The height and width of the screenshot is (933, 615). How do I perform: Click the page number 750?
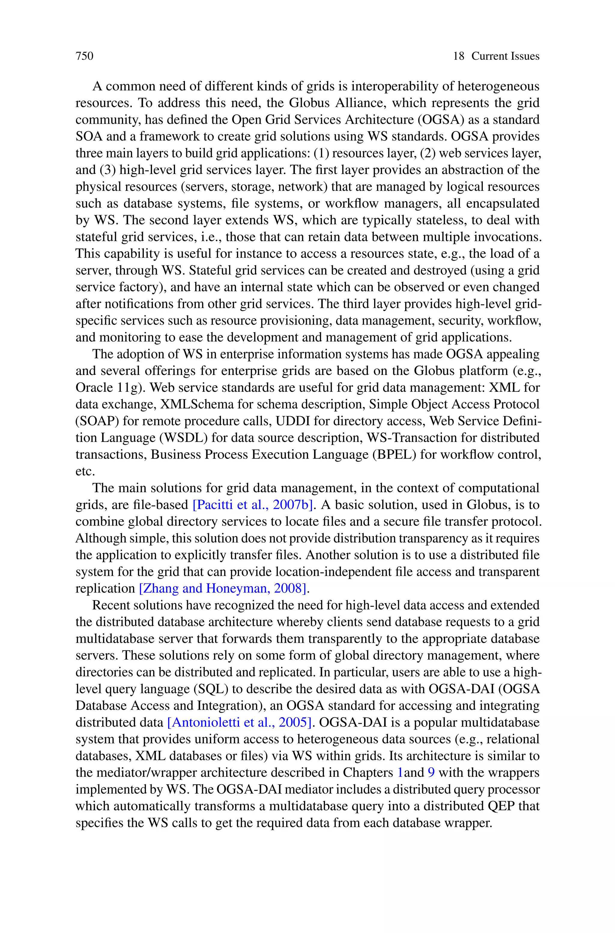tap(84, 56)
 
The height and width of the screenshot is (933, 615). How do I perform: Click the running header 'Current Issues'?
tap(505, 56)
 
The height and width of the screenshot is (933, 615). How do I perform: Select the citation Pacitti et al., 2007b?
tap(253, 505)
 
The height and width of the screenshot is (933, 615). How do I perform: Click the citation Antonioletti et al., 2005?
tap(240, 722)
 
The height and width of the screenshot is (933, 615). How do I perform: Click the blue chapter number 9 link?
tap(431, 773)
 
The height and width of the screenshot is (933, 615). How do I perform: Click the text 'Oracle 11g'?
tap(111, 388)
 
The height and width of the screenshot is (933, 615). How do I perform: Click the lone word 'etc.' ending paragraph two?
tap(85, 471)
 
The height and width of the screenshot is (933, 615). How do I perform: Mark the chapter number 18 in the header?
tap(459, 56)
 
